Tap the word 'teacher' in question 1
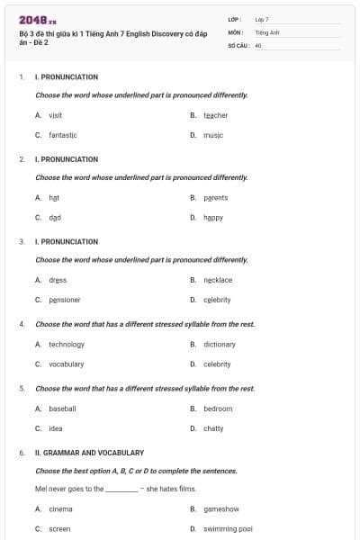[x=215, y=115]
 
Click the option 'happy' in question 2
[x=213, y=217]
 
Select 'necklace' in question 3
[x=218, y=280]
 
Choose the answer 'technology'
[x=67, y=344]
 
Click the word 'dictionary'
[x=220, y=344]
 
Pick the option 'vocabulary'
[x=67, y=364]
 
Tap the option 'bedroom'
[x=218, y=409]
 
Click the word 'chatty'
[x=213, y=428]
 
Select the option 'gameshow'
[x=221, y=508]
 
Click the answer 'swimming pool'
[x=228, y=528]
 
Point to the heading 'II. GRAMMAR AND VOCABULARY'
[x=89, y=453]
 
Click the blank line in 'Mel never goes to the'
[x=121, y=490]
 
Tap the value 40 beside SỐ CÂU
[x=258, y=44]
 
